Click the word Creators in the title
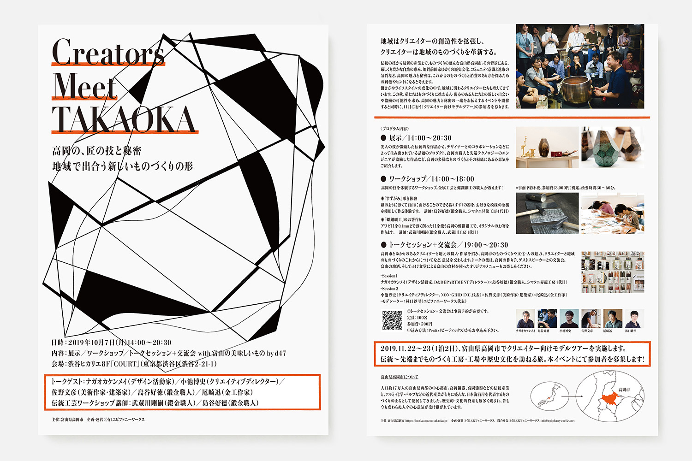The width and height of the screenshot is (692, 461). click(x=108, y=53)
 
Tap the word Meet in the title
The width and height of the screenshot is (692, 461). click(x=84, y=87)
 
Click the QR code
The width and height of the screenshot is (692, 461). click(x=392, y=320)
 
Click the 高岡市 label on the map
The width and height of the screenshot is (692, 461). click(x=624, y=390)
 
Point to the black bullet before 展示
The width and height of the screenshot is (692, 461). click(x=383, y=138)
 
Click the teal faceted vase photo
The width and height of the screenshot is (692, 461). click(x=612, y=148)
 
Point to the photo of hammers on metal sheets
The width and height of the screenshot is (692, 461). click(x=547, y=213)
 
